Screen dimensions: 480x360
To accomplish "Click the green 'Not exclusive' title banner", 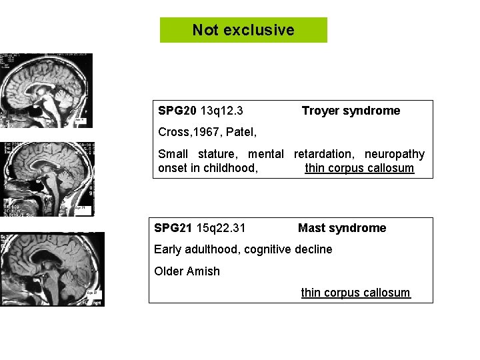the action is (x=243, y=30).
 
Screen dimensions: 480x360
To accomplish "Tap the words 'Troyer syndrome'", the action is (x=351, y=111).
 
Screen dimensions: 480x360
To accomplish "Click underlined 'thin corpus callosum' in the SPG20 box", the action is (x=359, y=168).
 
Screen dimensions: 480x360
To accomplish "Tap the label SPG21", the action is (x=173, y=228).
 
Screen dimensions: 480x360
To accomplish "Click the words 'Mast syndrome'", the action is (x=342, y=228).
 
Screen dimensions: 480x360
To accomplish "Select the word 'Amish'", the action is (x=203, y=271).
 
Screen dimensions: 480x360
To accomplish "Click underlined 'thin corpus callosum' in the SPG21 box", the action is (x=355, y=293).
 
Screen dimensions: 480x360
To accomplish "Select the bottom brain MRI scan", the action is (x=52, y=269).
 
